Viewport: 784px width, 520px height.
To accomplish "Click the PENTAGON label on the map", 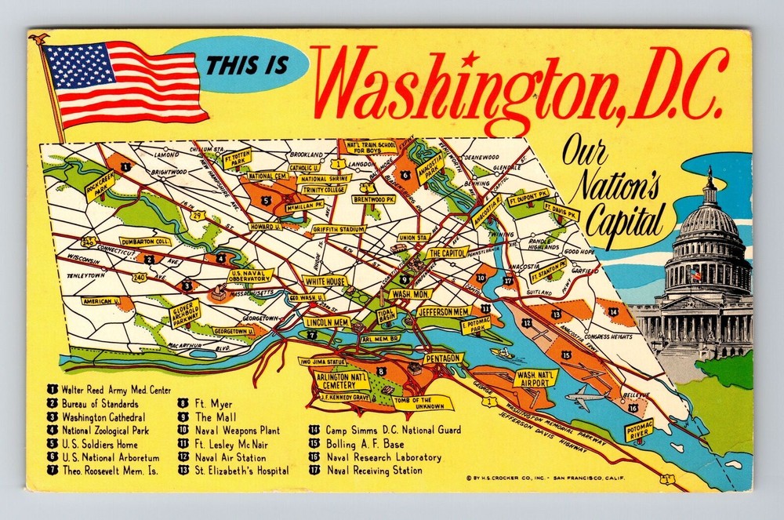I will tap(444, 358).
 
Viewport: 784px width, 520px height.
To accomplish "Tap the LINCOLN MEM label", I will tap(327, 322).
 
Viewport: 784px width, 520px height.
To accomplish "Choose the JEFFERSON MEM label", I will tap(443, 312).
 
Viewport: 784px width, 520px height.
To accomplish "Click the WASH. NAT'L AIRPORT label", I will tap(536, 379).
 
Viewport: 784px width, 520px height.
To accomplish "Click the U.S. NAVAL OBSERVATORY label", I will tap(252, 275).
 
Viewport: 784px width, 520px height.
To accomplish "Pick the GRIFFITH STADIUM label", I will tap(339, 230).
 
